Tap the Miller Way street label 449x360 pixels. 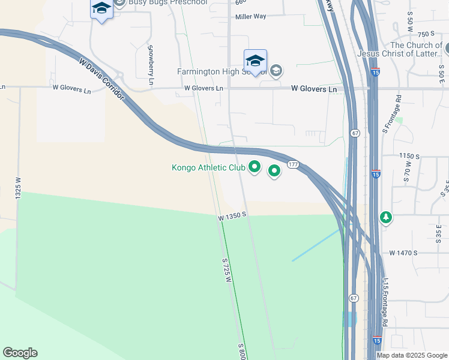point(251,17)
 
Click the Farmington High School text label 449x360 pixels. point(221,72)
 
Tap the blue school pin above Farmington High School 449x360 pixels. point(255,61)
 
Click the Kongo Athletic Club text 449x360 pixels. point(208,167)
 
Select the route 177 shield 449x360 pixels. point(293,164)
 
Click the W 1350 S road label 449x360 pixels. point(233,215)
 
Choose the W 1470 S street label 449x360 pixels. point(403,253)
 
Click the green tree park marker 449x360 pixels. point(386,217)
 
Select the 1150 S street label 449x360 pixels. point(412,156)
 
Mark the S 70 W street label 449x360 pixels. point(407,172)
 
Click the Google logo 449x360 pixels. point(20,353)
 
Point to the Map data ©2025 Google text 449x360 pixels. point(412,355)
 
